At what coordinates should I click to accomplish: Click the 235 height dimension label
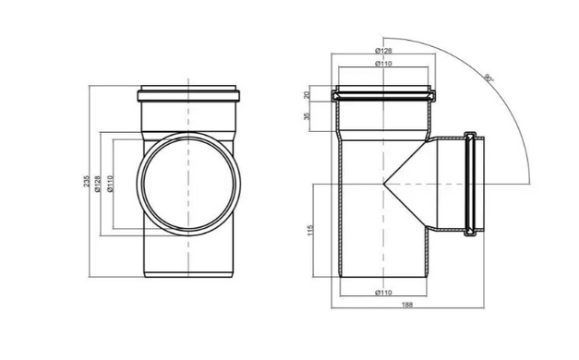pos(87,181)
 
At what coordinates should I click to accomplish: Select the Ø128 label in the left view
pos(98,184)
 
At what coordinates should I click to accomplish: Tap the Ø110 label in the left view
pos(111,184)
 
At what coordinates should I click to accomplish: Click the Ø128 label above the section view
pos(383,51)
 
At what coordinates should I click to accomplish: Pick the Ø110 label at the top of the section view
pos(383,64)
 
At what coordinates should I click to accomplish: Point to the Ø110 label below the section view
pos(383,293)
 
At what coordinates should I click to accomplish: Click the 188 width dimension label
pos(407,305)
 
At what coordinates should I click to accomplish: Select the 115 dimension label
pos(310,230)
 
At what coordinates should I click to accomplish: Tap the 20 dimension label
pos(307,96)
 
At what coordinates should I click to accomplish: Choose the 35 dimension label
pos(307,116)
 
